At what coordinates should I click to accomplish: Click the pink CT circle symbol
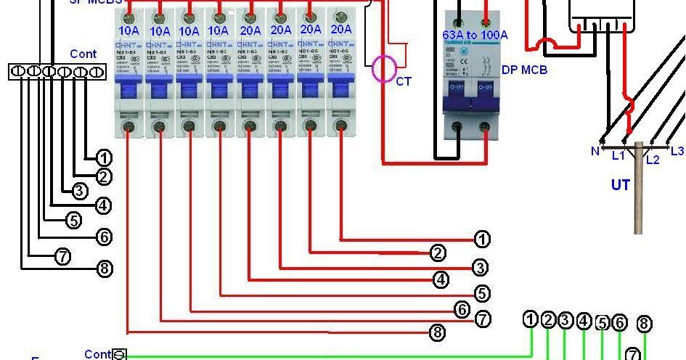click(383, 69)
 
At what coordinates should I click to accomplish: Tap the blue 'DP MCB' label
click(524, 70)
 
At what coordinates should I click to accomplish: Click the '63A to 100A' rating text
click(475, 34)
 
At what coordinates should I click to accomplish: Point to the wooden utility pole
click(638, 189)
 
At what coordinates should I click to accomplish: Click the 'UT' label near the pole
click(620, 185)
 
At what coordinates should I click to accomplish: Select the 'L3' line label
click(676, 151)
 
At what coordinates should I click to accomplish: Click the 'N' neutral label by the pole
click(595, 151)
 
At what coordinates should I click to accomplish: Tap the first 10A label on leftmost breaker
click(129, 31)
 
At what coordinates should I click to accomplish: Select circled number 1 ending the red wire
click(482, 239)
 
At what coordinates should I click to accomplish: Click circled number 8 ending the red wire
click(437, 332)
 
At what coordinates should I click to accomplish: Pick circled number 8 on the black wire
click(105, 269)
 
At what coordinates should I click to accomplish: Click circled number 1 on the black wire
click(104, 157)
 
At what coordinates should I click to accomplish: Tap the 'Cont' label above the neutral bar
click(83, 54)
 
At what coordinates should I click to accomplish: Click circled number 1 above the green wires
click(531, 319)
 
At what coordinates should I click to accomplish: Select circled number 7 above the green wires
click(633, 355)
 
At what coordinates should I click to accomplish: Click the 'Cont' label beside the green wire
click(97, 354)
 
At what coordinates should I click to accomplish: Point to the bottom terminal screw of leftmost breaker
click(129, 127)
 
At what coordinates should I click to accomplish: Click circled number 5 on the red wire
click(482, 294)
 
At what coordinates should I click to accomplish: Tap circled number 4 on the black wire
click(104, 205)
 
